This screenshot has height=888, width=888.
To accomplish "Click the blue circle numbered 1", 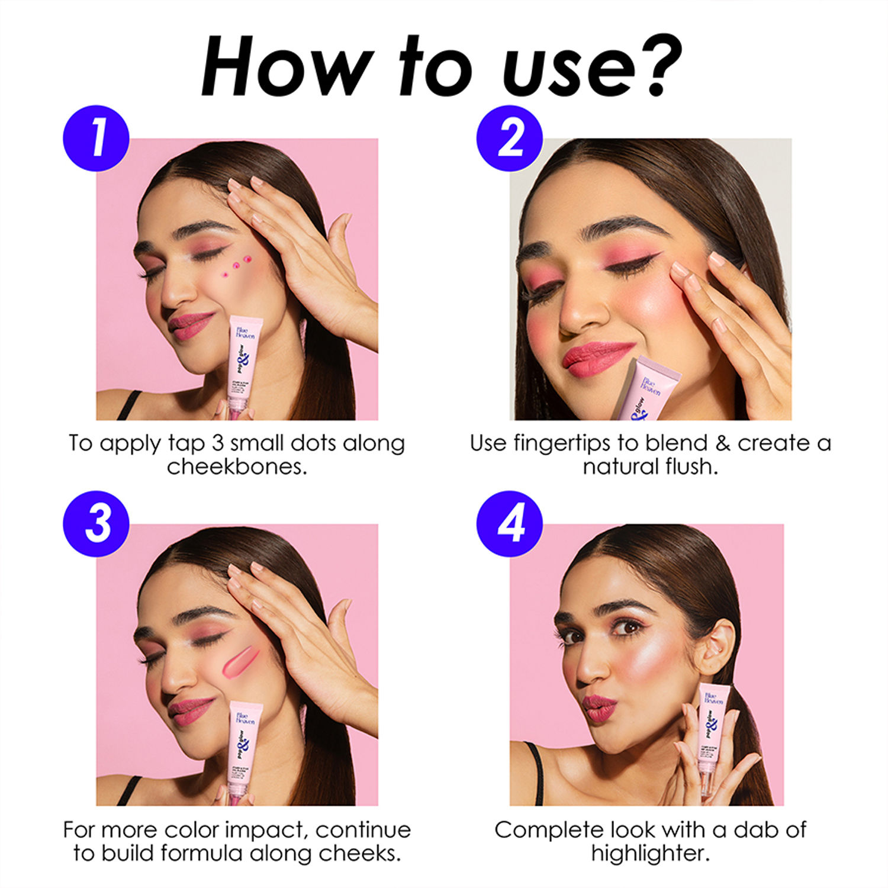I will (96, 139).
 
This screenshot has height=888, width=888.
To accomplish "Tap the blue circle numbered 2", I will (510, 139).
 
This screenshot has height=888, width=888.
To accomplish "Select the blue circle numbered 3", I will (96, 524).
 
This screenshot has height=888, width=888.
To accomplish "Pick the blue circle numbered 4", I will (510, 524).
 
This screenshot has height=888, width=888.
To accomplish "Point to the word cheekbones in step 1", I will (237, 467).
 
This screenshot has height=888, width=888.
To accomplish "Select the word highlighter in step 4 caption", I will (650, 853).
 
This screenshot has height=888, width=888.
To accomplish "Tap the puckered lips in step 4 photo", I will (599, 707).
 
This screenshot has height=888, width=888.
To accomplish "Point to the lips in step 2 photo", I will (596, 358).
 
